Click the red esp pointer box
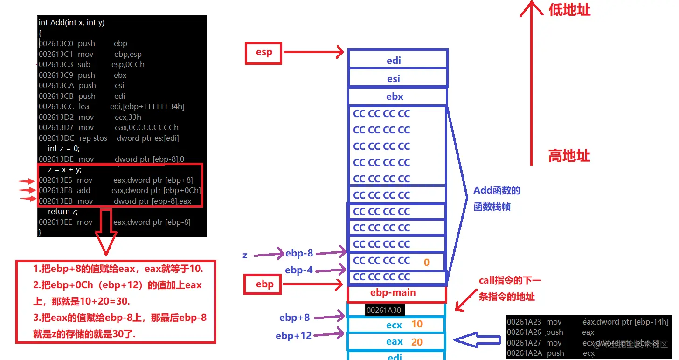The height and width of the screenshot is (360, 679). (263, 52)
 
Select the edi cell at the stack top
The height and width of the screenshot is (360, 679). (397, 60)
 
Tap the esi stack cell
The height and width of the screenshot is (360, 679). (397, 78)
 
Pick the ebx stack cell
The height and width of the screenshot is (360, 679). (397, 97)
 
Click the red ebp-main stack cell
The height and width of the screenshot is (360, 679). (397, 293)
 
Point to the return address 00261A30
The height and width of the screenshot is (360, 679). (383, 310)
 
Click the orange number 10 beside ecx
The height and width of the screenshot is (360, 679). (416, 324)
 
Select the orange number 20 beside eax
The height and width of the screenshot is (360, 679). (416, 342)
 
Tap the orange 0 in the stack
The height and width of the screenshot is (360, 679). (426, 263)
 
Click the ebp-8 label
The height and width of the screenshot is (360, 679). (299, 253)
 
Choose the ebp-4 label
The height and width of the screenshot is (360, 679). (298, 270)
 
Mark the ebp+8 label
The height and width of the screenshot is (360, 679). (294, 318)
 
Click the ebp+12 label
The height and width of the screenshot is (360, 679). (293, 335)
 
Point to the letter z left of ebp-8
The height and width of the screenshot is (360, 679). (245, 255)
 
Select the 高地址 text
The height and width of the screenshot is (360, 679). (569, 156)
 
